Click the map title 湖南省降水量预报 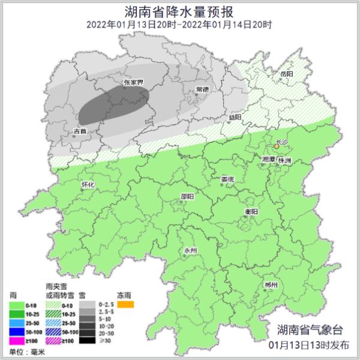click(179, 11)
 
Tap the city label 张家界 click(133, 83)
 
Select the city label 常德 click(202, 89)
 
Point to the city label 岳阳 click(287, 73)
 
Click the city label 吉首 click(80, 130)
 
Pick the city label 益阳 click(235, 117)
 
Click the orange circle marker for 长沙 click(277, 146)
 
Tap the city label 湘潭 click(269, 160)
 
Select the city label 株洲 click(286, 161)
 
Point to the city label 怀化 click(88, 185)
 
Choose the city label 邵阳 click(187, 196)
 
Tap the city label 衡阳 click(251, 212)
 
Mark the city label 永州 click(190, 250)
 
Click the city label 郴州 click(271, 284)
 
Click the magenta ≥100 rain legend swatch click(17, 340)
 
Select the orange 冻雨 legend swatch click(125, 304)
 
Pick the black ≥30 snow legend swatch click(88, 340)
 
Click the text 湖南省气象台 click(311, 329)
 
